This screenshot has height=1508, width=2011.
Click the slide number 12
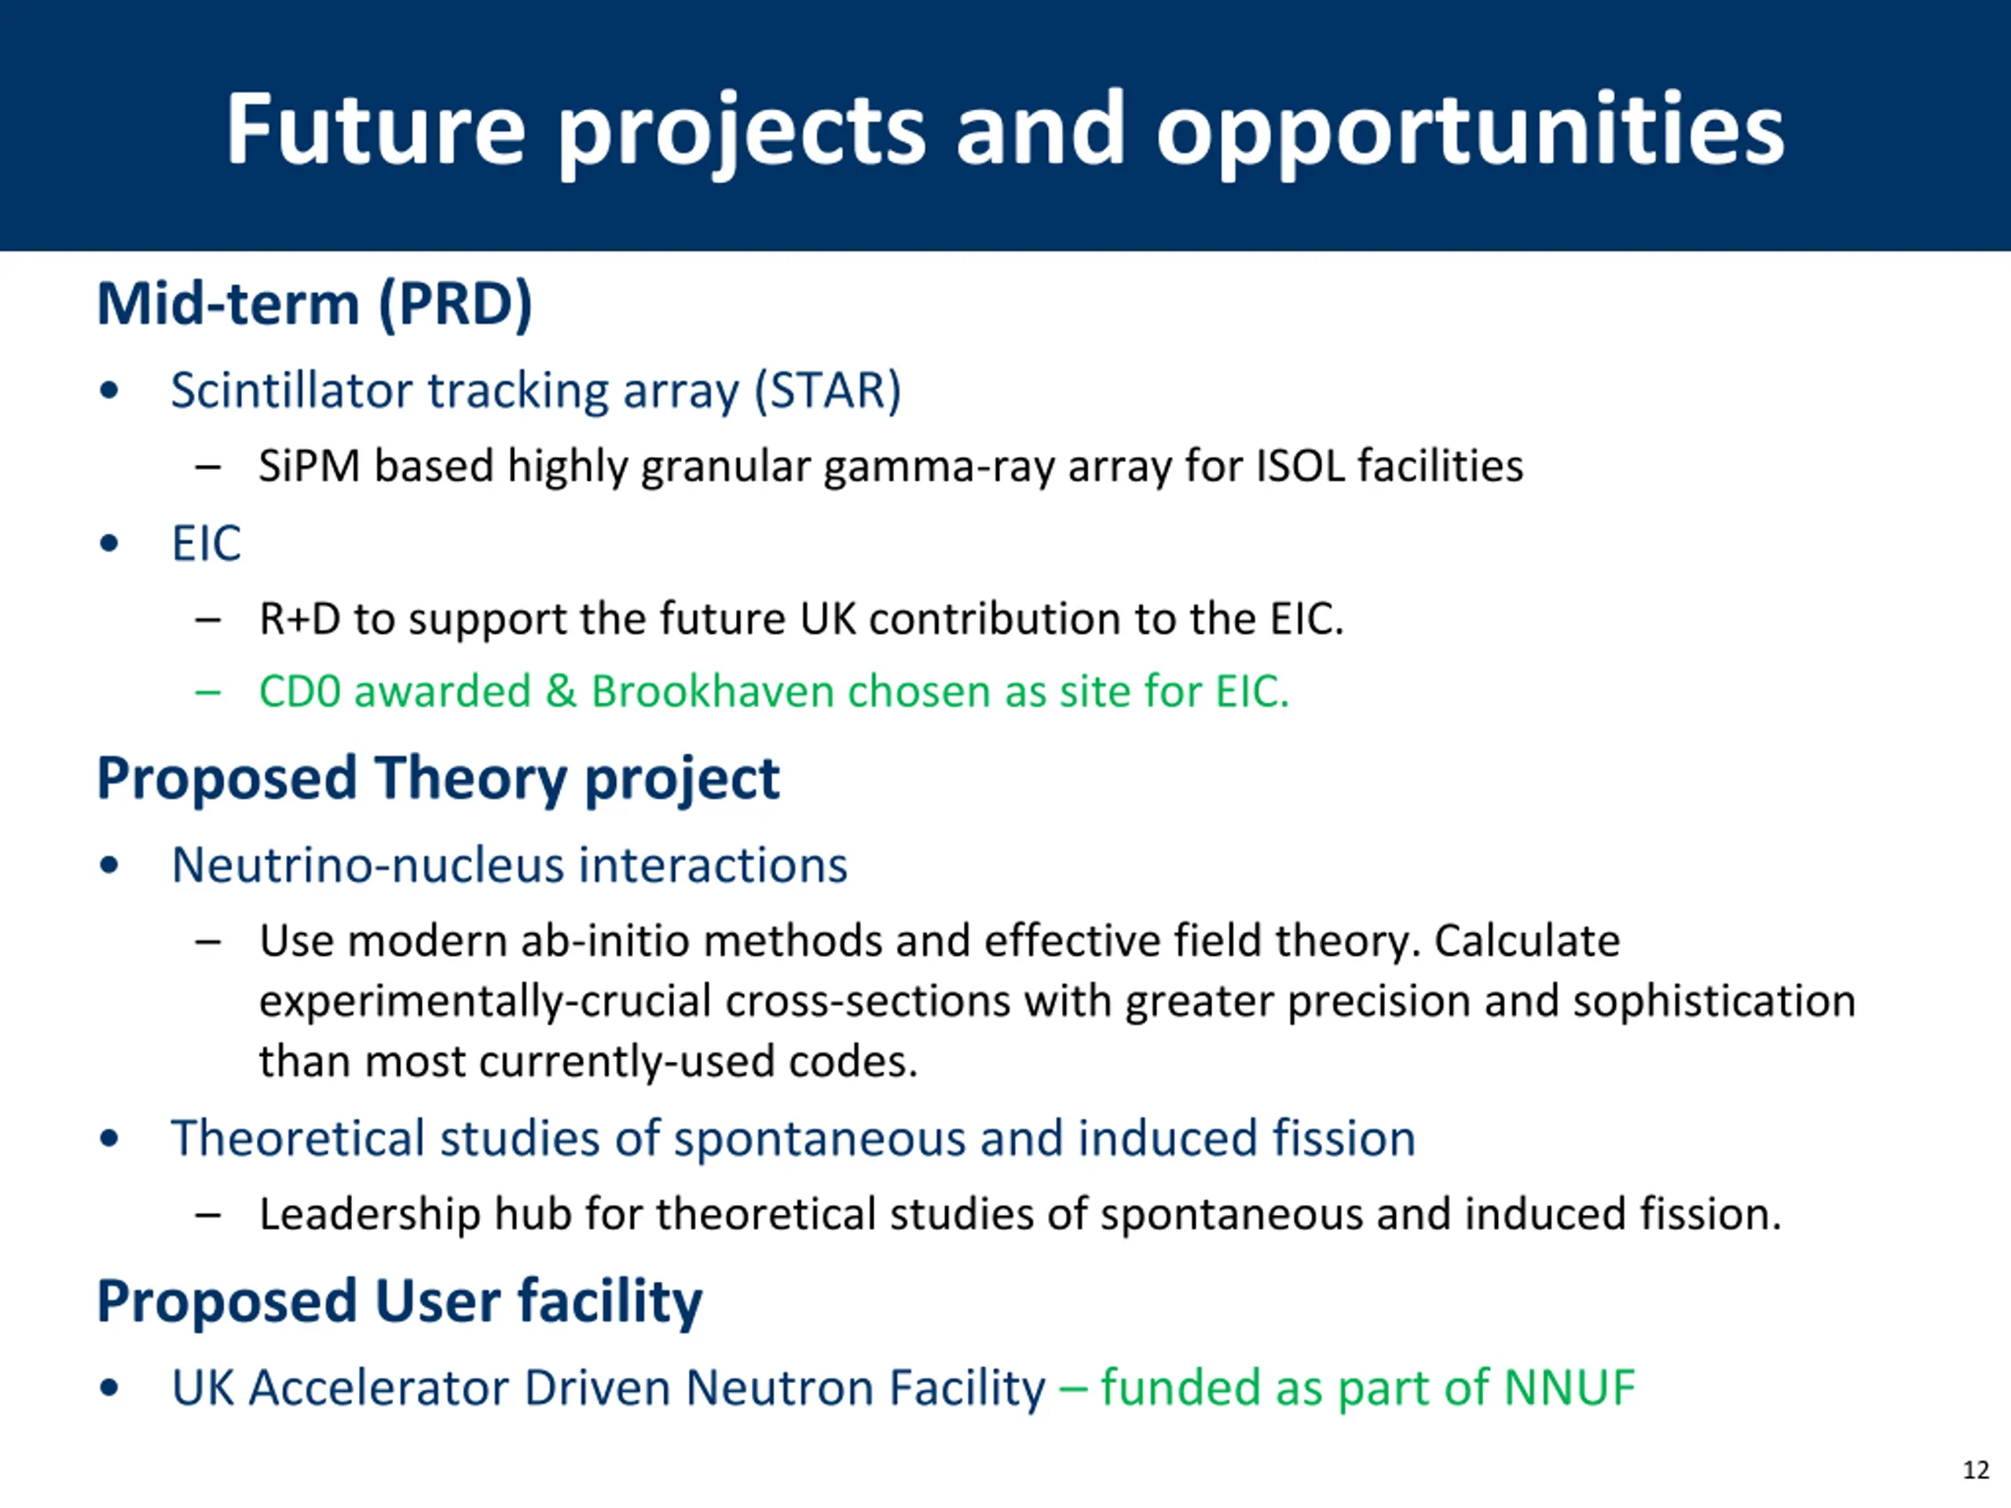coord(1976,1470)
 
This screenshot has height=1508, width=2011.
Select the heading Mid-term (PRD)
coord(314,304)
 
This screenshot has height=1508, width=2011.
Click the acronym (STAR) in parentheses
coord(827,391)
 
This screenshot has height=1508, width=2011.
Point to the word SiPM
coord(309,467)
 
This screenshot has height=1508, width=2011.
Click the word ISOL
coord(1300,467)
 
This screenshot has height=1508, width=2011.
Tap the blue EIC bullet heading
coord(207,544)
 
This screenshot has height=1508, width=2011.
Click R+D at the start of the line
coord(300,619)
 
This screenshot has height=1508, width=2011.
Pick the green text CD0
coord(299,692)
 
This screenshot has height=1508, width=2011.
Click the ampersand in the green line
coord(561,692)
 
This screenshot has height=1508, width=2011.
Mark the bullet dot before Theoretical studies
coord(109,1138)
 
